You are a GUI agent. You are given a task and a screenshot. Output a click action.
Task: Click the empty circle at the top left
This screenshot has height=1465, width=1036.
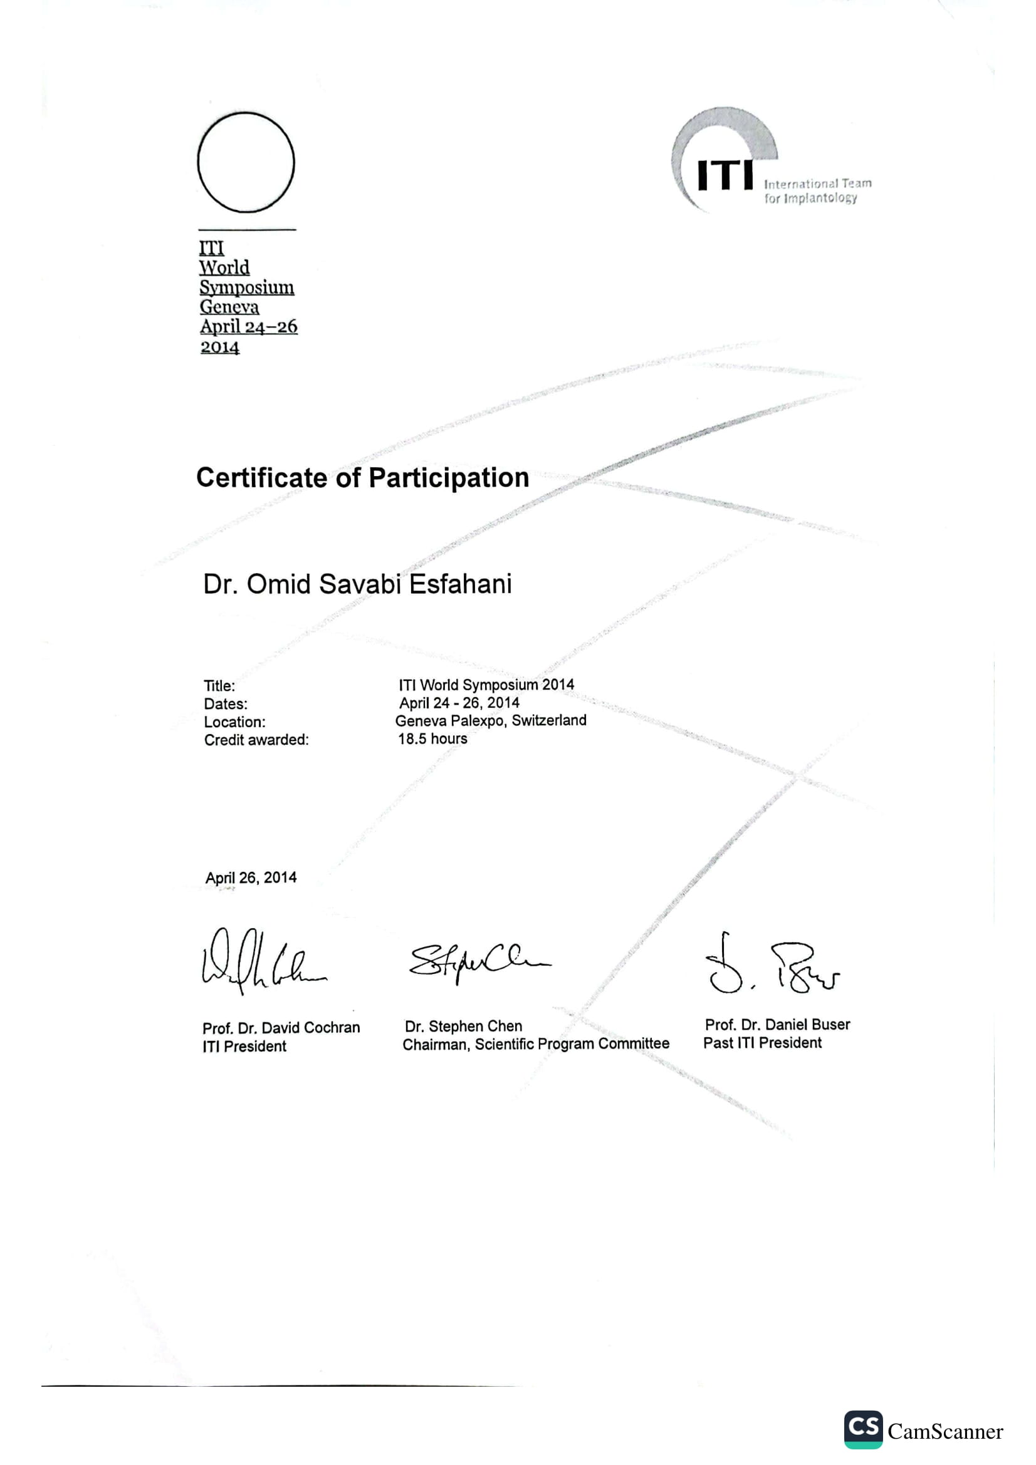click(246, 163)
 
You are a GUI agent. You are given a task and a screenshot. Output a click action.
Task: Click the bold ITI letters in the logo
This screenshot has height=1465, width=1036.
click(725, 175)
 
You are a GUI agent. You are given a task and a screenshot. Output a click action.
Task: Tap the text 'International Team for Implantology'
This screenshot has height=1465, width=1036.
click(817, 191)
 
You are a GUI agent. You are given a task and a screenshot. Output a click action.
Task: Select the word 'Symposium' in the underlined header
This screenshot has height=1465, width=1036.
click(246, 287)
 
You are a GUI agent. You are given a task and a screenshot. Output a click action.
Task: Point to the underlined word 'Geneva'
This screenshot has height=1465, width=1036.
click(229, 307)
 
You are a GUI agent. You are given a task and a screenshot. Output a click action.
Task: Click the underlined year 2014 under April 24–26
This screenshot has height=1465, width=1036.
click(219, 347)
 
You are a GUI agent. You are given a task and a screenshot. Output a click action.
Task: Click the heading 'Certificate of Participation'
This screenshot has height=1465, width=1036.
click(362, 478)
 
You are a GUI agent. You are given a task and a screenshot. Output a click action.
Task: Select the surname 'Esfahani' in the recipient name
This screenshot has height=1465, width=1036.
click(460, 584)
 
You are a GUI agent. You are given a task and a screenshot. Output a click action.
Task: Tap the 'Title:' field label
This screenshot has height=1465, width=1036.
click(219, 686)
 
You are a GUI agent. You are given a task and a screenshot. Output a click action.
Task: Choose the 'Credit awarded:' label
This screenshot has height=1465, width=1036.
click(256, 740)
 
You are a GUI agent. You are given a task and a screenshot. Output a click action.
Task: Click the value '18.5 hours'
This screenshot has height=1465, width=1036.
click(432, 739)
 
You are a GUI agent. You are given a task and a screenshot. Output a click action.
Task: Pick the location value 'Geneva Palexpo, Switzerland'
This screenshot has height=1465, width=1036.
click(490, 720)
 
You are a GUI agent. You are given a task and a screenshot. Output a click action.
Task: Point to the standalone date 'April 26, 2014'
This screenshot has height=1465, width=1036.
click(251, 877)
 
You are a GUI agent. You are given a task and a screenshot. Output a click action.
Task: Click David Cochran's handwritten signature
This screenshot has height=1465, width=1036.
click(263, 960)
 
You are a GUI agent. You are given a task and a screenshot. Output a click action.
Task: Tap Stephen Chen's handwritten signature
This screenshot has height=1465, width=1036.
click(479, 961)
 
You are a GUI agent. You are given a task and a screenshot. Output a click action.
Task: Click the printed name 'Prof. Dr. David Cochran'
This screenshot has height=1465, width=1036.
click(281, 1028)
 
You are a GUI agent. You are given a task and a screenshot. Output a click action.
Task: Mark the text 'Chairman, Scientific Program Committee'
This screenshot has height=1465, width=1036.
click(536, 1044)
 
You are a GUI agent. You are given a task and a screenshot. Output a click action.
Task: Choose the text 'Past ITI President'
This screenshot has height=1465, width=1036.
click(762, 1043)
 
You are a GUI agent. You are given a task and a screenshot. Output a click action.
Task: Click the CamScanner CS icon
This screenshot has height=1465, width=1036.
click(863, 1429)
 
